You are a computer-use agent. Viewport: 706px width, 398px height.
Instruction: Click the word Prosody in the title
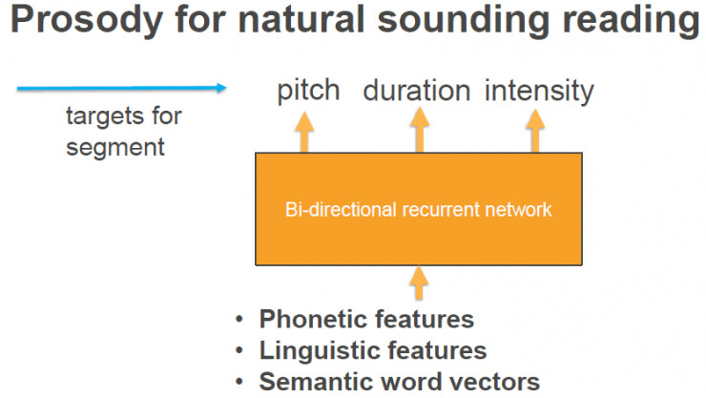point(87,21)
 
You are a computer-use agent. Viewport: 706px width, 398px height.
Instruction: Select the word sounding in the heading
point(464,21)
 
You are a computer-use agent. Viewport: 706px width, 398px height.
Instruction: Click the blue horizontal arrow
point(121,88)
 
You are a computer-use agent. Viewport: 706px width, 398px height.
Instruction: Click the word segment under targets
point(115,148)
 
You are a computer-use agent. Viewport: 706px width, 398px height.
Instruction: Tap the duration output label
point(417,90)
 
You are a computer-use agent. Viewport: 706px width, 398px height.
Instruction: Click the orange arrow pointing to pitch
point(304,132)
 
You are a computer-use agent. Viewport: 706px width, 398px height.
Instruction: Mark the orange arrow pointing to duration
point(420,130)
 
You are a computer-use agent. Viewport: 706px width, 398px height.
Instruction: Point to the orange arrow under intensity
point(535,131)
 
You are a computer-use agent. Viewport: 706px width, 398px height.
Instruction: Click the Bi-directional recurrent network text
point(418,210)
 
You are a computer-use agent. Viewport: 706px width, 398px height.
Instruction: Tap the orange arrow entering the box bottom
point(419,283)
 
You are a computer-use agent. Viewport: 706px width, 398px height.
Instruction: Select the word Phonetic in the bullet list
point(310,319)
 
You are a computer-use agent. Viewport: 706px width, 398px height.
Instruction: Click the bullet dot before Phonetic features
point(239,319)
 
